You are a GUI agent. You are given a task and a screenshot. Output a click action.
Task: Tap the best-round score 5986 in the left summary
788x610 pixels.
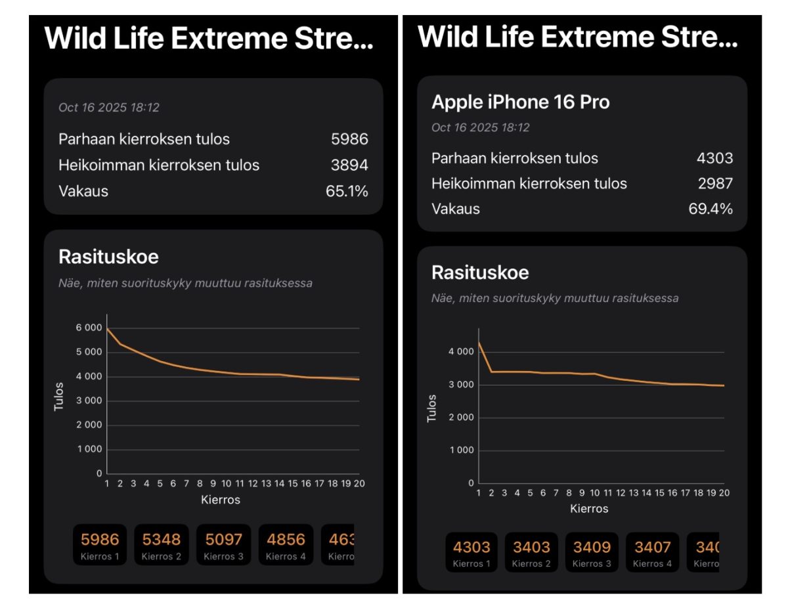[349, 139]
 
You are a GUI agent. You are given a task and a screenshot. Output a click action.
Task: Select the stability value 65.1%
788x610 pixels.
[347, 191]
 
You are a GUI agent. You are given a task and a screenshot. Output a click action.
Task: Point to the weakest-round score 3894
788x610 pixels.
[349, 165]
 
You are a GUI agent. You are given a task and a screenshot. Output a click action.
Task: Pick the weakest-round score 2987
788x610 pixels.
[714, 183]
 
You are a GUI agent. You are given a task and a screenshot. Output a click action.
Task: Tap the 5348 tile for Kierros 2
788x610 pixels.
[162, 544]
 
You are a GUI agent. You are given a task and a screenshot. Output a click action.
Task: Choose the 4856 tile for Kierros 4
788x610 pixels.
[286, 544]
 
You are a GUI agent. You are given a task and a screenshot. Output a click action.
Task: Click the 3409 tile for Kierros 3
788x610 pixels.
[592, 552]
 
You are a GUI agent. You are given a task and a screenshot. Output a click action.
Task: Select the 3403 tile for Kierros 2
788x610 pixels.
[531, 552]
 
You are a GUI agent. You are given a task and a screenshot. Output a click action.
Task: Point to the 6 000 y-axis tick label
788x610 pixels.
[90, 328]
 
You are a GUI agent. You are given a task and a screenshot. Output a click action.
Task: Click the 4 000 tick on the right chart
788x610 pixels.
[460, 352]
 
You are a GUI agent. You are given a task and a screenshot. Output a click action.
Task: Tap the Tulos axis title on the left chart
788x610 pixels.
[59, 396]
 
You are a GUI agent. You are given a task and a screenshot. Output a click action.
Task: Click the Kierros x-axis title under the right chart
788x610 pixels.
[589, 508]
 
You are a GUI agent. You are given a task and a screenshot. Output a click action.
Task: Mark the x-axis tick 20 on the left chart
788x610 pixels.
[359, 483]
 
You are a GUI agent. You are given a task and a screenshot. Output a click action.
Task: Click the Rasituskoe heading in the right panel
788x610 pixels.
[480, 272]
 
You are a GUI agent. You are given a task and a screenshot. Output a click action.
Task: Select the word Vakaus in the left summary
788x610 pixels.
[83, 191]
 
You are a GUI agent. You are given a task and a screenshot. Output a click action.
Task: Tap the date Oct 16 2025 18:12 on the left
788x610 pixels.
[109, 108]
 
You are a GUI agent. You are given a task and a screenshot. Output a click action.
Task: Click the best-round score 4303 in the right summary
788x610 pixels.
[714, 158]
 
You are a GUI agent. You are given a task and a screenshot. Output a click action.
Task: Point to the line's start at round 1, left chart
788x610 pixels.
[107, 328]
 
